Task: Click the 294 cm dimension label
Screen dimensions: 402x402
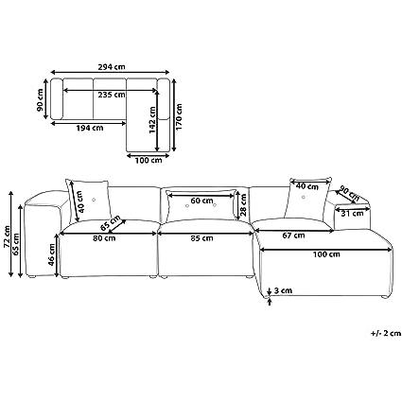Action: coord(110,67)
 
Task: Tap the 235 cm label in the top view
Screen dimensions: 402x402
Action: coord(112,95)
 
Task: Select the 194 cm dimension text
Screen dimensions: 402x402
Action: coord(90,128)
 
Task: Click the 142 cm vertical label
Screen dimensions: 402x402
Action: coord(152,120)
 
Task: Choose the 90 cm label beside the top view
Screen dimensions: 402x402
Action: coord(40,100)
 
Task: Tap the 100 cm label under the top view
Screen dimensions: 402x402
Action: coord(149,160)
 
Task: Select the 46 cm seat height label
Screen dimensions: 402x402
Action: coord(52,254)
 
